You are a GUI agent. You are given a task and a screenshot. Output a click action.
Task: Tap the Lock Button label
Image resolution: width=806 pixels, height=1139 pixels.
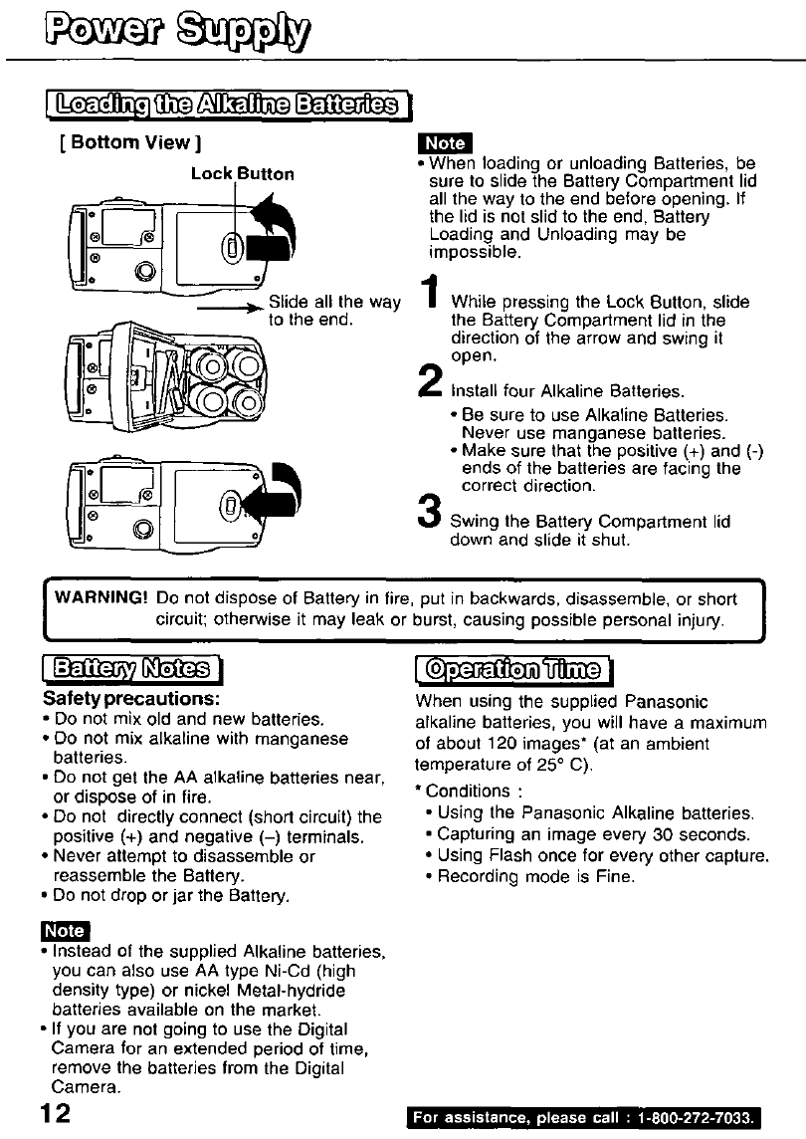pos(243,174)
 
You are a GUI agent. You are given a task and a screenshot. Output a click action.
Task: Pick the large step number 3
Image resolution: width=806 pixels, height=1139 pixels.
pos(430,517)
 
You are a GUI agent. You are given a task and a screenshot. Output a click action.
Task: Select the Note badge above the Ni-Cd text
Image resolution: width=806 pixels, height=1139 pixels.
pos(65,931)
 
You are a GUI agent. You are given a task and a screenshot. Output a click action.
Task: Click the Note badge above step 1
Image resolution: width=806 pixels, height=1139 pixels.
pos(444,142)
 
